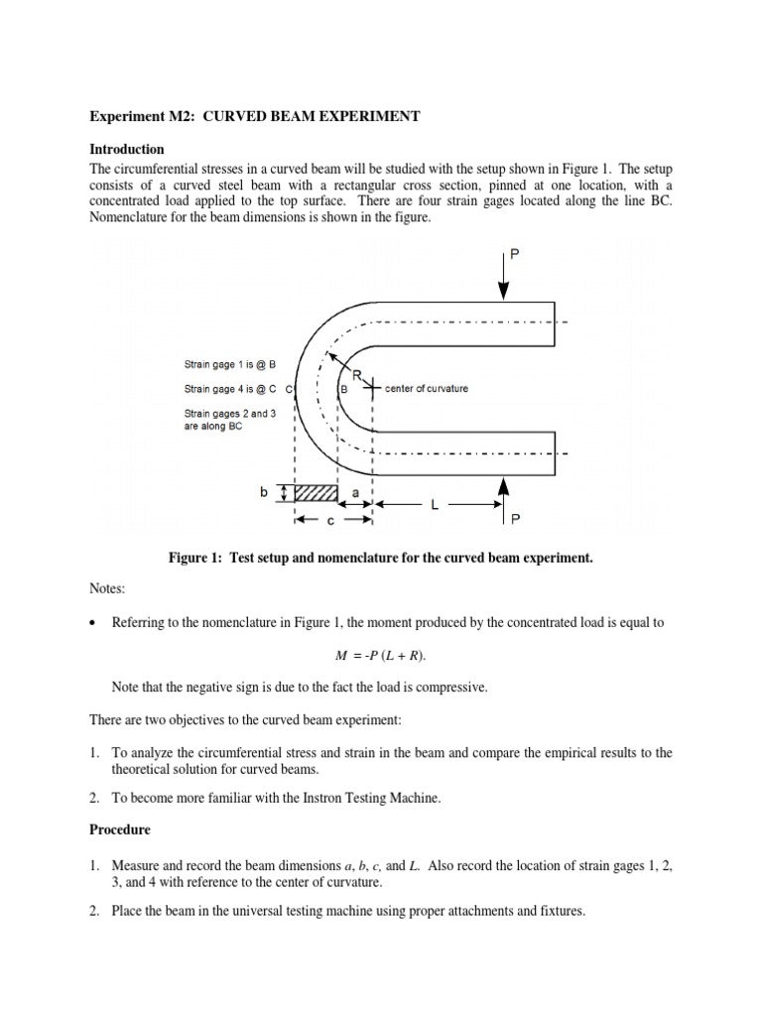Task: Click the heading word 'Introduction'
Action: click(127, 149)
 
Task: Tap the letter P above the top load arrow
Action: click(514, 255)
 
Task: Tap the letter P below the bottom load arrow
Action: click(515, 518)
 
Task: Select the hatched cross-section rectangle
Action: click(317, 493)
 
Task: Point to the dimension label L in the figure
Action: click(435, 505)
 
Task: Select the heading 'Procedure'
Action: click(119, 827)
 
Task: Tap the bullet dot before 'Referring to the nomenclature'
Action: click(93, 623)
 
